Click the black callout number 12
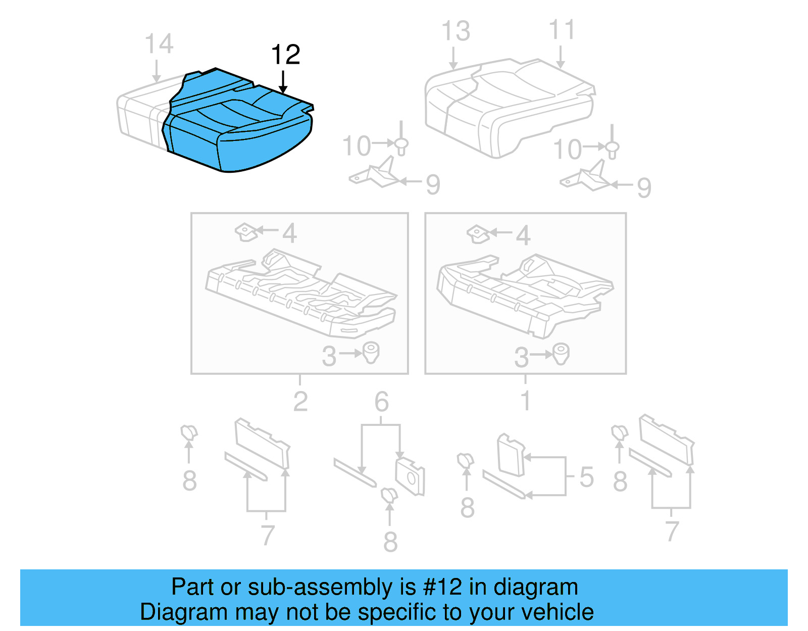click(286, 55)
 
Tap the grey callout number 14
click(159, 44)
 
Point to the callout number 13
click(456, 31)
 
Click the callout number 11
click(562, 30)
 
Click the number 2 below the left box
click(300, 402)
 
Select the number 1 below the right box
click(525, 401)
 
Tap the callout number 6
click(381, 402)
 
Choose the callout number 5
click(586, 477)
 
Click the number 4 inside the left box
click(289, 233)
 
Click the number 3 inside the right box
click(521, 358)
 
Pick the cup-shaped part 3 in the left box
click(371, 352)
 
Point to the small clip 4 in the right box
click(477, 234)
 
